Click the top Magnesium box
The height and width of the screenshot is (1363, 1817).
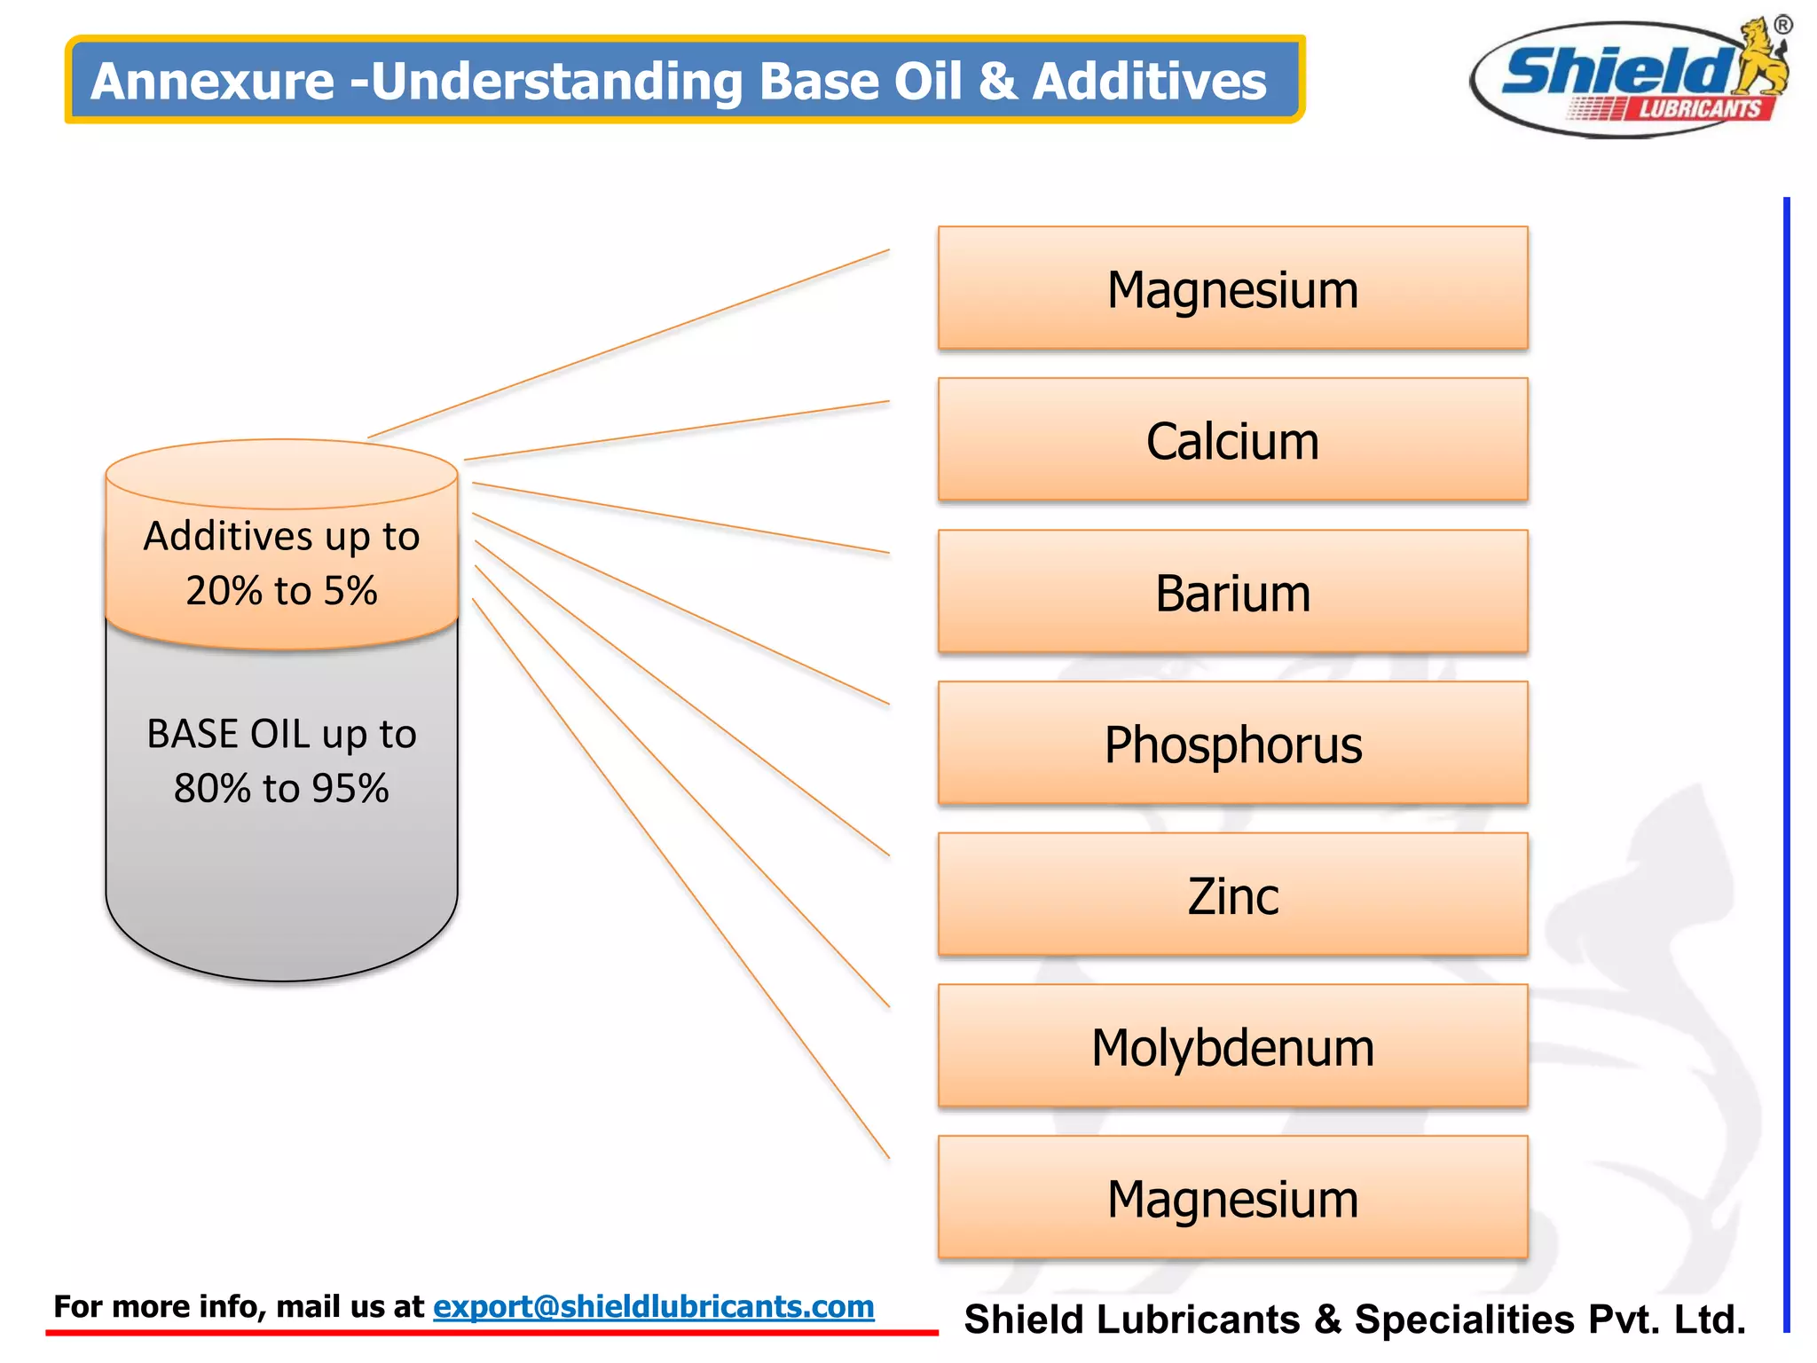[x=1232, y=288]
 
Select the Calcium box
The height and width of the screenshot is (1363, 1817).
[x=1232, y=440]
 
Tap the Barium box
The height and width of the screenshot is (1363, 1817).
[x=1232, y=592]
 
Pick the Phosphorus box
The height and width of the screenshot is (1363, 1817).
[x=1232, y=744]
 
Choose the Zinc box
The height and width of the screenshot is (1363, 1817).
[x=1232, y=894]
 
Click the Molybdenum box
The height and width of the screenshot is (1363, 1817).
[x=1232, y=1046]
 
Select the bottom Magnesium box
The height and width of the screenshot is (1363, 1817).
[x=1232, y=1198]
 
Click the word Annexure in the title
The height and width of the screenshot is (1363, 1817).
[x=213, y=81]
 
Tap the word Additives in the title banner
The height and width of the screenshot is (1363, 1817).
[x=1150, y=81]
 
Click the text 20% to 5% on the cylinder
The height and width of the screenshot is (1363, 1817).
[x=281, y=590]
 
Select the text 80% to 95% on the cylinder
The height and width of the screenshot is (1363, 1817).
[x=281, y=788]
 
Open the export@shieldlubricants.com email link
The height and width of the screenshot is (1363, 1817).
[x=653, y=1306]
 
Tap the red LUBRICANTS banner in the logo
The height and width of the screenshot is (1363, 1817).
[x=1698, y=109]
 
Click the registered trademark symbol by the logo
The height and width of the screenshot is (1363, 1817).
[x=1782, y=25]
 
